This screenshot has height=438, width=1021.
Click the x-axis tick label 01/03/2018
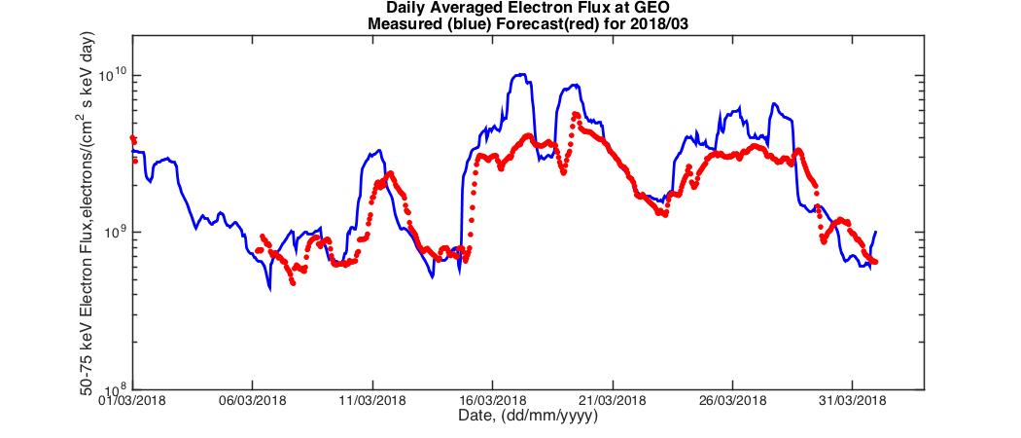click(x=132, y=400)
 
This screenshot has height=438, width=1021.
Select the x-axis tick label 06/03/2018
click(x=252, y=400)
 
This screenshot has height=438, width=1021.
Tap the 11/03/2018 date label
click(x=372, y=400)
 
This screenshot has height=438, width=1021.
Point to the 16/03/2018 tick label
click(x=492, y=400)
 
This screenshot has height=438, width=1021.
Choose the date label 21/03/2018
click(x=612, y=400)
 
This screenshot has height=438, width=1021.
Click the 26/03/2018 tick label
click(x=732, y=400)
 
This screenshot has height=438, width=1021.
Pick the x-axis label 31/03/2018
click(x=852, y=400)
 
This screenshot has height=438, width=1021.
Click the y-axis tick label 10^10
click(x=113, y=76)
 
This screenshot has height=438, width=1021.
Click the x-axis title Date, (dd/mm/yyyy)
click(x=527, y=416)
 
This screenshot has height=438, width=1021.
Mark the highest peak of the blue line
click(x=521, y=74)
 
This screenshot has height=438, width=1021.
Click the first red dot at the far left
click(x=132, y=138)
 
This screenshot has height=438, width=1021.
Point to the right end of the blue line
click(x=876, y=232)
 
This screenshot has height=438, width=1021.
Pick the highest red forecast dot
click(x=576, y=114)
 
